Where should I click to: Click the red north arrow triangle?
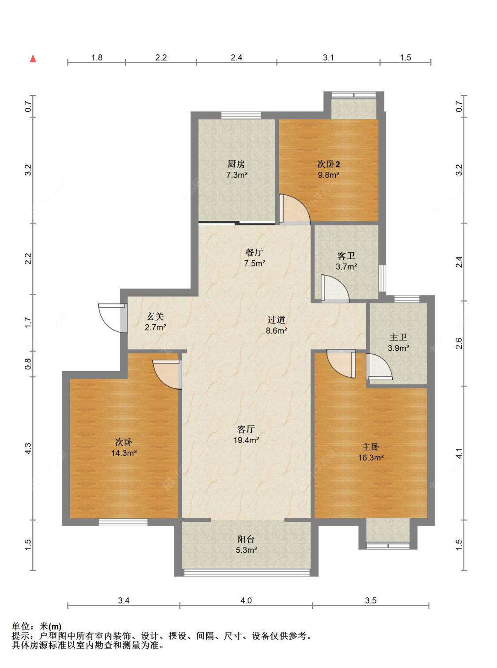pyautogui.click(x=33, y=59)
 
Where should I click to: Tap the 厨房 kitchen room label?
pyautogui.click(x=236, y=164)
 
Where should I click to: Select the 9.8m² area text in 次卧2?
pyautogui.click(x=329, y=175)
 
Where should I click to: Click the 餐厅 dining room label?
pyautogui.click(x=254, y=252)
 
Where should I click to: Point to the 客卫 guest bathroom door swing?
pyautogui.click(x=335, y=288)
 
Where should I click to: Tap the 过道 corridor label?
pyautogui.click(x=276, y=319)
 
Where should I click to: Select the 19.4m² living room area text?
pyautogui.click(x=246, y=440)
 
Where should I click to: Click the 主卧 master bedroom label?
pyautogui.click(x=371, y=447)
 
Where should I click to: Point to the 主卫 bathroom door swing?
pyautogui.click(x=379, y=366)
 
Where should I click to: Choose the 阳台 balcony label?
pyautogui.click(x=246, y=539)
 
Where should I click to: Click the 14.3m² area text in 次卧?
pyautogui.click(x=124, y=453)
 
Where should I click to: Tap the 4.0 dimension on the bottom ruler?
pyautogui.click(x=246, y=600)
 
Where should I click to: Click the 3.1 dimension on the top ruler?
pyautogui.click(x=328, y=57)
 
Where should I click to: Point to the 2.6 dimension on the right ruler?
pyautogui.click(x=459, y=343)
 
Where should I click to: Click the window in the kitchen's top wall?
pyautogui.click(x=241, y=115)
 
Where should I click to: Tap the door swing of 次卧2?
pyautogui.click(x=295, y=209)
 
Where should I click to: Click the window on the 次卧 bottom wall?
pyautogui.click(x=123, y=522)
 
